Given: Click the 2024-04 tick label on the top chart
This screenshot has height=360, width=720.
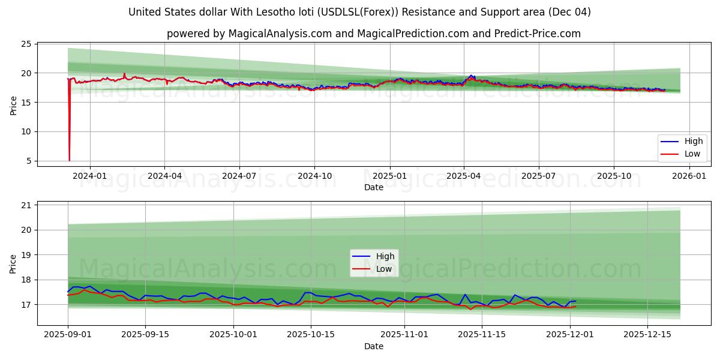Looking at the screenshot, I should click(164, 176).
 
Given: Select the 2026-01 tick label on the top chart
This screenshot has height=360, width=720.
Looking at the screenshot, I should click(689, 176).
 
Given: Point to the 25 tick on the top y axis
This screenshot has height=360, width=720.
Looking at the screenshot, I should click(26, 44).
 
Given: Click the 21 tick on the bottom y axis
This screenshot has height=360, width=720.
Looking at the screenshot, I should click(26, 205).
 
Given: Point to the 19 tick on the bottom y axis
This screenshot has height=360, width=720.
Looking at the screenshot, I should click(26, 255).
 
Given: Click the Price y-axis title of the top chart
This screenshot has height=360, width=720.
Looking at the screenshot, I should click(13, 105).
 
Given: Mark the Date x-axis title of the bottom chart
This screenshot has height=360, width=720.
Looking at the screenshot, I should click(373, 346).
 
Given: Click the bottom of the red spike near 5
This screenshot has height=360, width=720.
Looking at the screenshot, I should click(70, 160).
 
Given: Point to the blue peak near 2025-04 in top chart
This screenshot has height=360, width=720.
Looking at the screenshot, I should click(471, 76).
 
